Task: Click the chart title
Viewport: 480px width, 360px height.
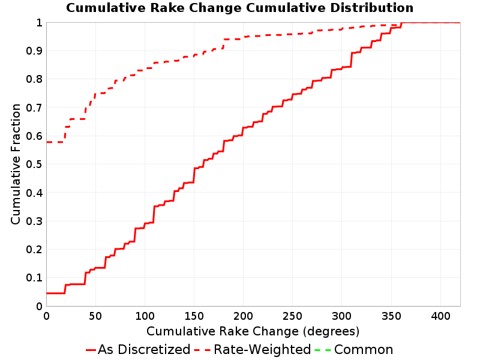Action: click(x=239, y=8)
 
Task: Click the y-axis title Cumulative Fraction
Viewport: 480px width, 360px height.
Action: click(x=16, y=164)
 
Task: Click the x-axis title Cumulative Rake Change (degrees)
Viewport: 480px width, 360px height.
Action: click(x=253, y=331)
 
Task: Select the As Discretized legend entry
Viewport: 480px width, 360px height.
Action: click(x=138, y=349)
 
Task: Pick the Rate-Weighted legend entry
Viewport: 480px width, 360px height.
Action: click(x=253, y=349)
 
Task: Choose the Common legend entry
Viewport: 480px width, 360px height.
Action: click(x=354, y=349)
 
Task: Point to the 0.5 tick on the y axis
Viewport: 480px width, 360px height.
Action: click(x=34, y=164)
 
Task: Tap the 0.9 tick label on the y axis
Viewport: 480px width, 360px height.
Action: click(x=34, y=51)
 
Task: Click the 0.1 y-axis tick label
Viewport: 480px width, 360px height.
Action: click(x=34, y=278)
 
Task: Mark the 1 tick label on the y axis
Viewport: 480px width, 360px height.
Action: click(x=39, y=23)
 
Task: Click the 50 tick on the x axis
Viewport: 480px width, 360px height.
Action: click(x=95, y=316)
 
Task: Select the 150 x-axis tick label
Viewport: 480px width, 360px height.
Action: click(x=194, y=316)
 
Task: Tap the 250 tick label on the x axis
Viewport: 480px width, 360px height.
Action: click(x=292, y=316)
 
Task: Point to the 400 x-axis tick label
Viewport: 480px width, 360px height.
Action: click(x=440, y=316)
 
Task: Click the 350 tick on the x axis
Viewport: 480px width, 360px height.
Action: click(x=391, y=316)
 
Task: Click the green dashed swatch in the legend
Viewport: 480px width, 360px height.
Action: click(x=323, y=350)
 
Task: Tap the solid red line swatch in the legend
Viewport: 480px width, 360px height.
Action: click(x=91, y=350)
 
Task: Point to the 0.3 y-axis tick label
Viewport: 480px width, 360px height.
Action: click(x=34, y=221)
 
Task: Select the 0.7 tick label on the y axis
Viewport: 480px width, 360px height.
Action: click(x=34, y=108)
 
